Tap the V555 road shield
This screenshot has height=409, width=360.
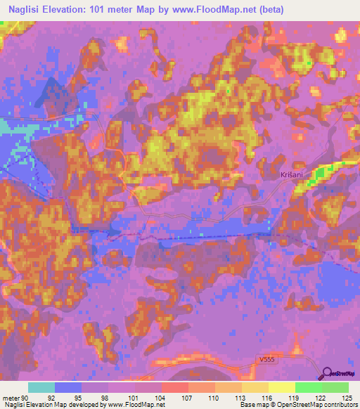point(262,360)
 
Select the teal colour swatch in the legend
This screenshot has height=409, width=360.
point(41,388)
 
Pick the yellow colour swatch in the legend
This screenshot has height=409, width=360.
point(281,388)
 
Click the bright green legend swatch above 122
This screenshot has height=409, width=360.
point(308,388)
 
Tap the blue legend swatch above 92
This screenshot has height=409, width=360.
point(68,388)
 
